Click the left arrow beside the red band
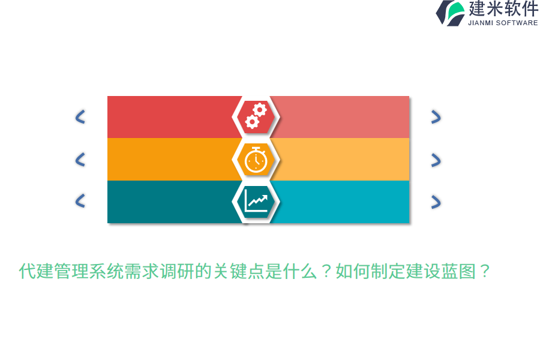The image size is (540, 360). coord(80,117)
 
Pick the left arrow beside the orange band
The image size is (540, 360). coord(80,159)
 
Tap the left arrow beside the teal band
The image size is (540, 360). coord(80,201)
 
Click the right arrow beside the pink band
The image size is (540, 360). coord(436,117)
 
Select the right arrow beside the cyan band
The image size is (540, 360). coord(436,202)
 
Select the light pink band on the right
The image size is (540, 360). coord(342,117)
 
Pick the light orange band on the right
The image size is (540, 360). coord(342,159)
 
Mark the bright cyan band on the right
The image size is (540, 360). coord(342,202)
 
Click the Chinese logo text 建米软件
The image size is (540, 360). coord(503,9)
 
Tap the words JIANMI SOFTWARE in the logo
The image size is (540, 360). coord(503,23)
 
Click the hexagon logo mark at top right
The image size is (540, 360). coord(451,13)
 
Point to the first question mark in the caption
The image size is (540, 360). coord(326,272)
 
